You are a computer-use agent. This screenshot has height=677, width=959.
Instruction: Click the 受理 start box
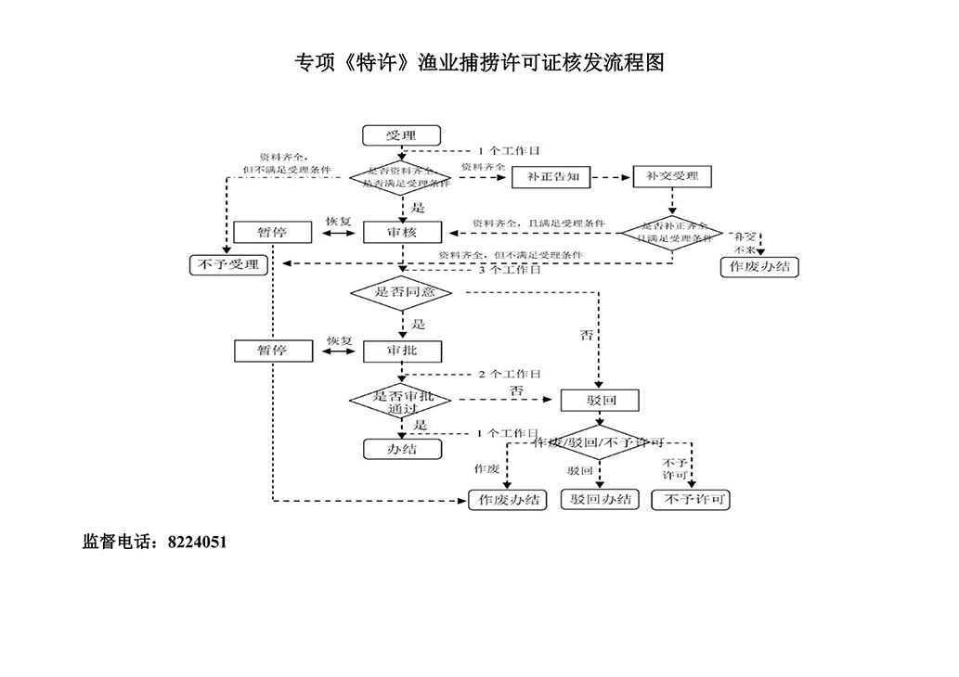(401, 135)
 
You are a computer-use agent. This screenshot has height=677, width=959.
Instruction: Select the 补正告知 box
(551, 176)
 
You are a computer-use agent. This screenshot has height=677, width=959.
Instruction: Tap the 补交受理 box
(672, 176)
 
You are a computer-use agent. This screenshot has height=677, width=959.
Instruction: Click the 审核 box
(402, 233)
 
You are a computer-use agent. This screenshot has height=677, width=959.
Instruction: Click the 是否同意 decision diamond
(401, 292)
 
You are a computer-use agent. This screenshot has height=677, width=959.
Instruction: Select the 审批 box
(402, 351)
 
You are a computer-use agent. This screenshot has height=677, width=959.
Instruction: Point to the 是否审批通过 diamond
(401, 401)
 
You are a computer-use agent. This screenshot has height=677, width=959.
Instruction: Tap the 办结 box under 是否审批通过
(401, 449)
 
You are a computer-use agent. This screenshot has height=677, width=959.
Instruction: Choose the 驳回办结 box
(601, 500)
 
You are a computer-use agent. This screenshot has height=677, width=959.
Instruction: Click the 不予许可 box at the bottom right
(691, 500)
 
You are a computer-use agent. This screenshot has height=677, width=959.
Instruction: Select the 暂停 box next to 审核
(272, 233)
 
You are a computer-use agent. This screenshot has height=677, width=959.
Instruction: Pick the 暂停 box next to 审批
(272, 351)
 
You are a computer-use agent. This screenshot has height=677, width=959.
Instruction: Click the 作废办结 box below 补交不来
(760, 266)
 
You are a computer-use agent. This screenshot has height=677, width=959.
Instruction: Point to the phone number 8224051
(197, 543)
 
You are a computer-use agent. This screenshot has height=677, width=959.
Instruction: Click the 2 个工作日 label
(509, 374)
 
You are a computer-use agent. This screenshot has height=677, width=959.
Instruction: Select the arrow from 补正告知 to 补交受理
(612, 176)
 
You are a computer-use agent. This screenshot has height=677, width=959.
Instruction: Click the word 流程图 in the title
(639, 63)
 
